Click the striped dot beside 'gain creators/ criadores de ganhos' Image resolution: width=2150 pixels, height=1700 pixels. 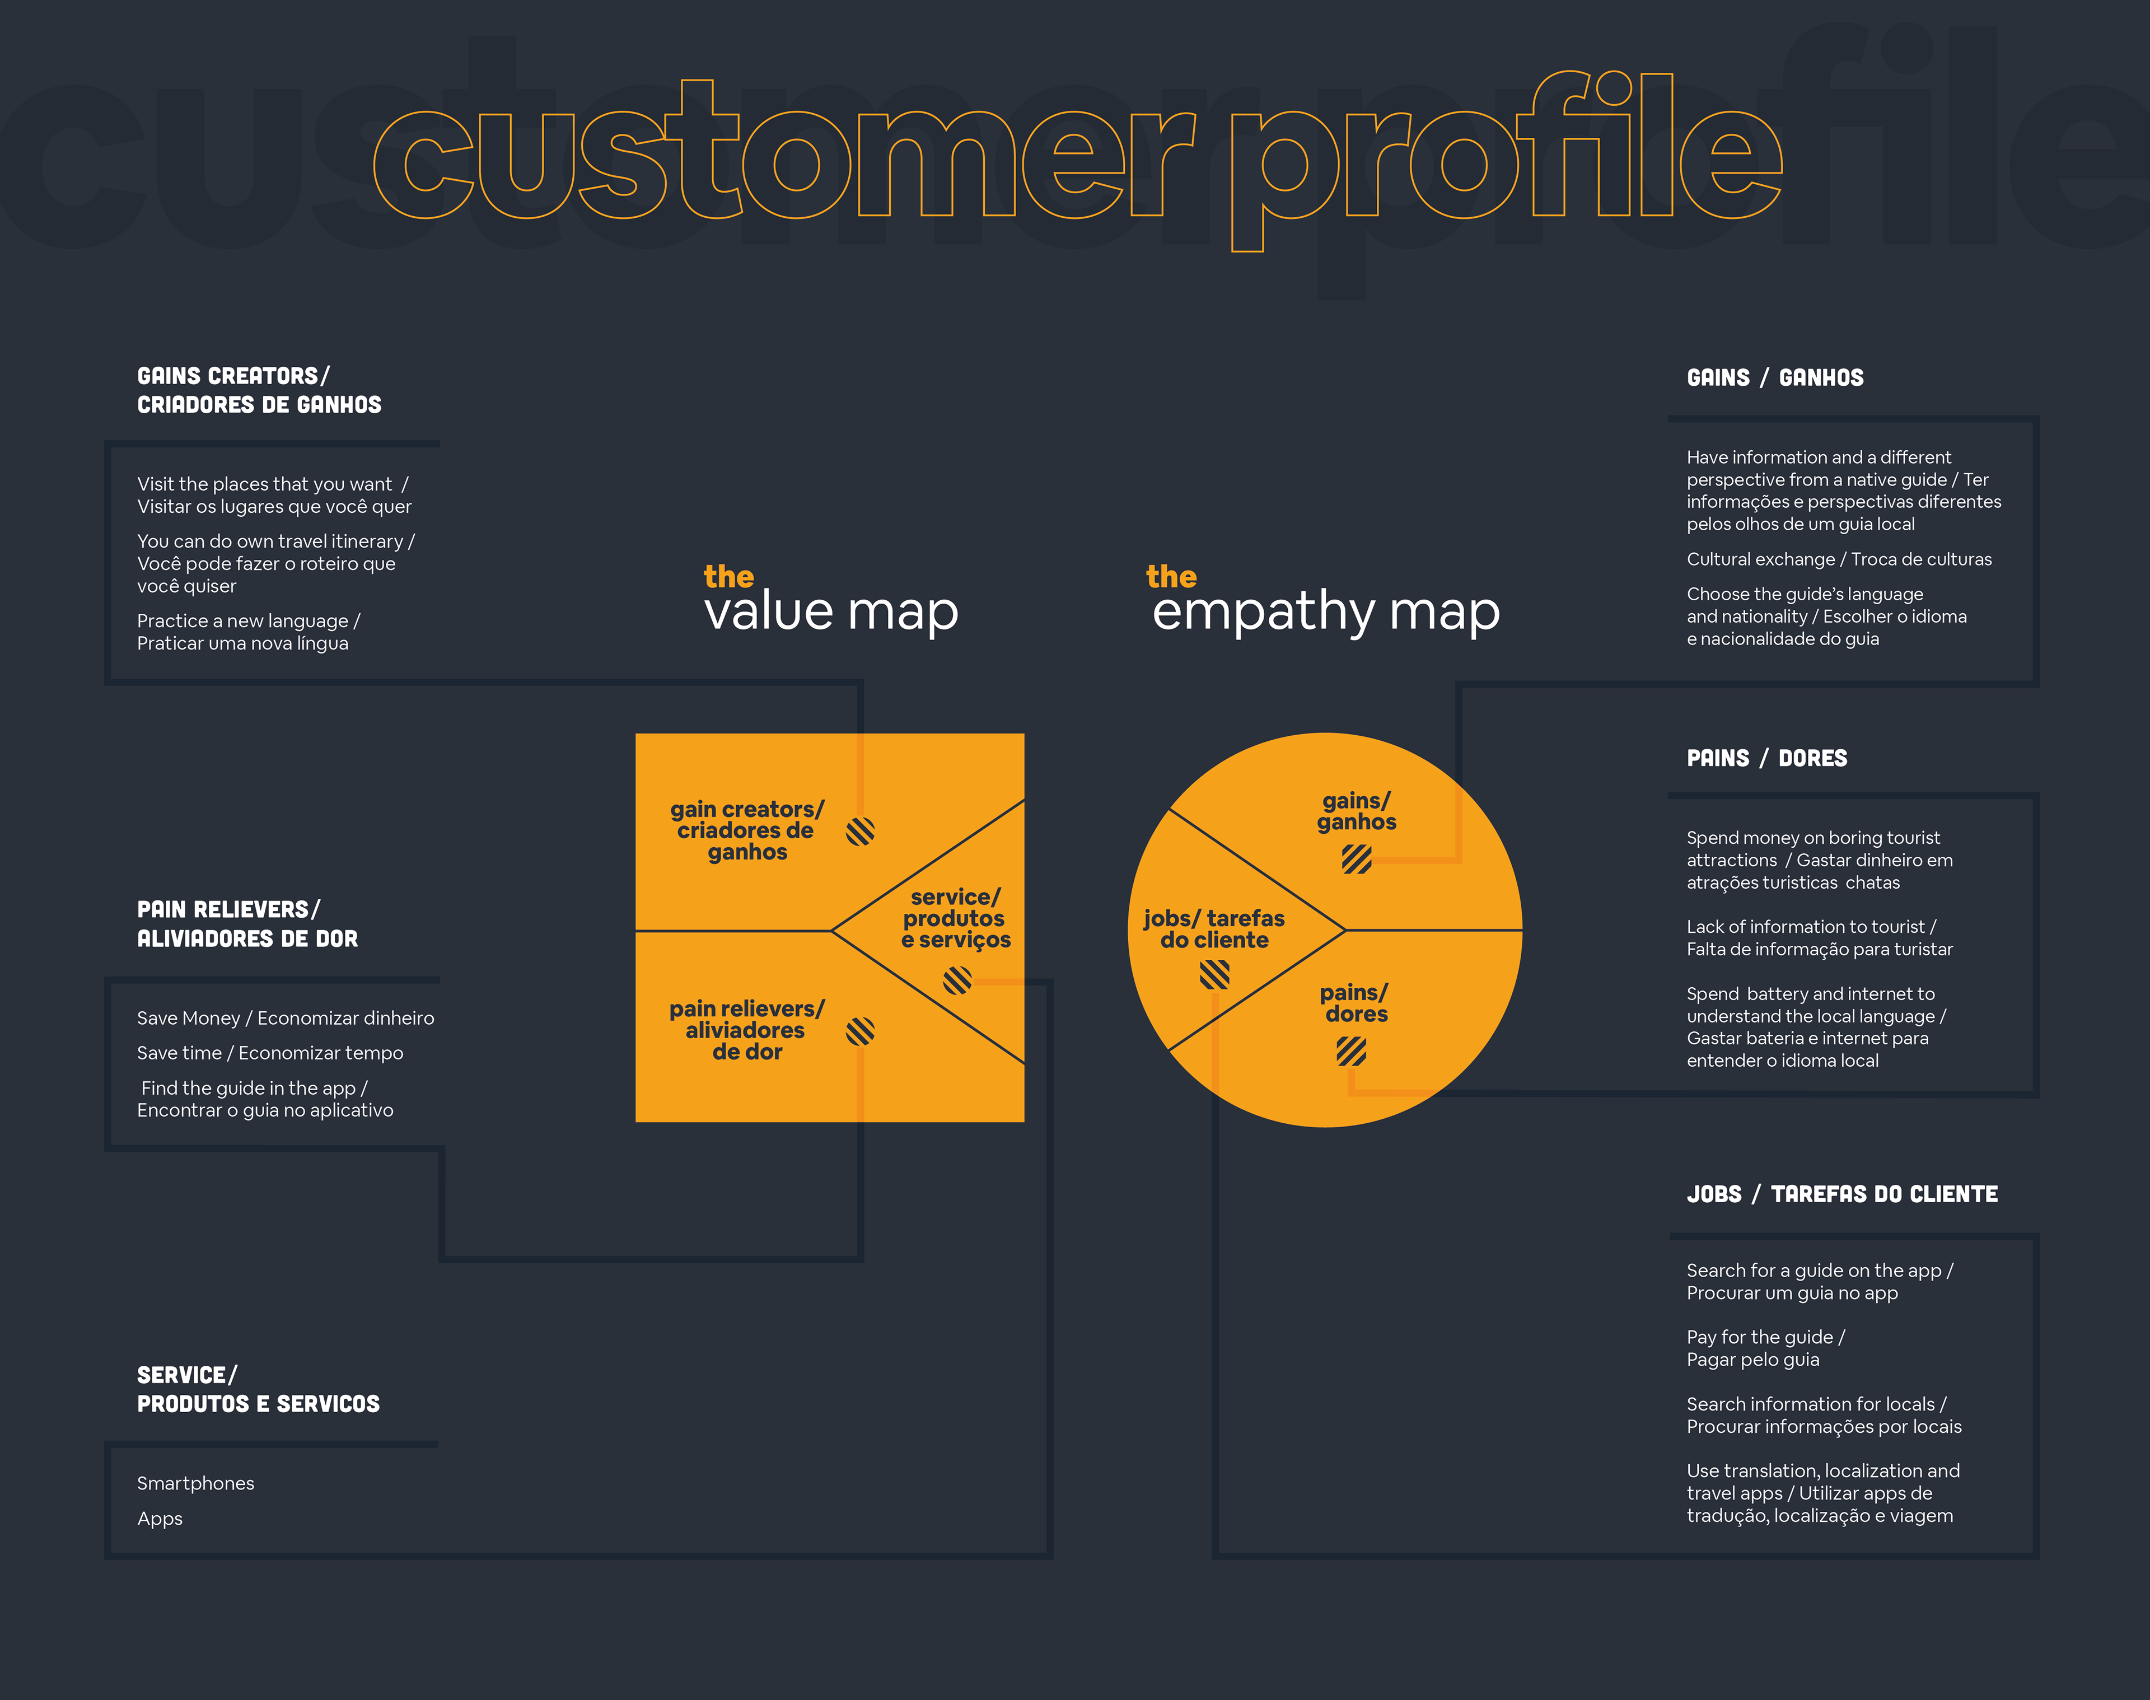coord(860,831)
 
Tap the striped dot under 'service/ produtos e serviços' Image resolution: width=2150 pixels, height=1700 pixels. coord(956,980)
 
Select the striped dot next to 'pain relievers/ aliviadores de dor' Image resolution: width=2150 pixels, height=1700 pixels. coord(860,1031)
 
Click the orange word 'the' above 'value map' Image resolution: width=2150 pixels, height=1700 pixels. coord(728,576)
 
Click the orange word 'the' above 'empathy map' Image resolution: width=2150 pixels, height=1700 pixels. coord(1171,576)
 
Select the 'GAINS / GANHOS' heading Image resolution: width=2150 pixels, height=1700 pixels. coord(1775,378)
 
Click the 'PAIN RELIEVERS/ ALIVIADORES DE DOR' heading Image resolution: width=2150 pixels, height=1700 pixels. coord(247,924)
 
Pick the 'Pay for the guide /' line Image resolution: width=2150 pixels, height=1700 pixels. coord(1765,1337)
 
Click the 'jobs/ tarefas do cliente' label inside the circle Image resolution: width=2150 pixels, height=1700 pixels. coord(1213,928)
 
